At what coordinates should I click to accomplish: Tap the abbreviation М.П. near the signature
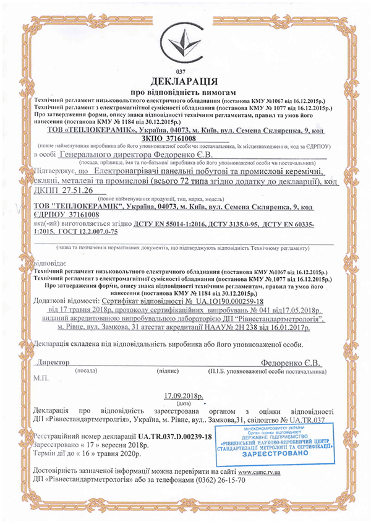click(43, 377)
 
